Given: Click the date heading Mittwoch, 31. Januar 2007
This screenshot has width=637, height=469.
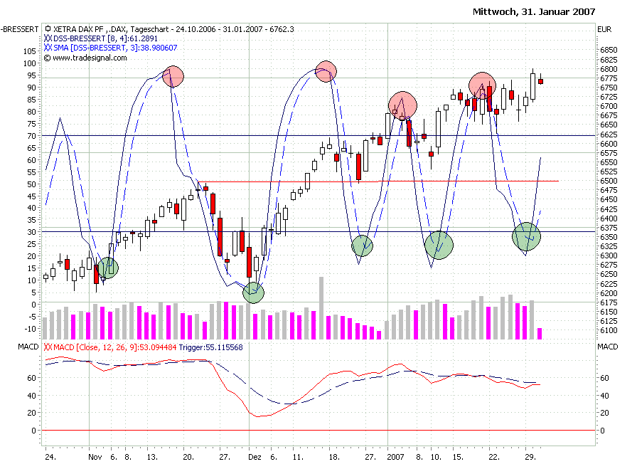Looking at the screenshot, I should coord(533,12).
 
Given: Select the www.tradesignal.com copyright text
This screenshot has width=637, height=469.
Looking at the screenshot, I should coord(87,58).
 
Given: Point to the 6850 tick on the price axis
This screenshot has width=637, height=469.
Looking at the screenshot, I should coord(609,51).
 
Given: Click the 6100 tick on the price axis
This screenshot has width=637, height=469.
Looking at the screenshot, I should coord(609,331).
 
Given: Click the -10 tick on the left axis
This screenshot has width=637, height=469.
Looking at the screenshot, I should coord(31,329).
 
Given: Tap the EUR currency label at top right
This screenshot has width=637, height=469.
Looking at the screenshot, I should coord(605,29).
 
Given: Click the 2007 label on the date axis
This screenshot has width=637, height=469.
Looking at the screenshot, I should coord(397,458).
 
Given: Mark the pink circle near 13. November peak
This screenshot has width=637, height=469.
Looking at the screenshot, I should coord(173,75).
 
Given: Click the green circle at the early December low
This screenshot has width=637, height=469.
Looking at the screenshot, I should coord(253,293).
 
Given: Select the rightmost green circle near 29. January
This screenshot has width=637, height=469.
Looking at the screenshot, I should coord(526,236).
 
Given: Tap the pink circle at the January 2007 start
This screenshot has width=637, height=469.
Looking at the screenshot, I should coord(402,105).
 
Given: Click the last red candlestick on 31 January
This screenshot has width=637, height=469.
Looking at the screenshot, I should coord(540,81).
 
